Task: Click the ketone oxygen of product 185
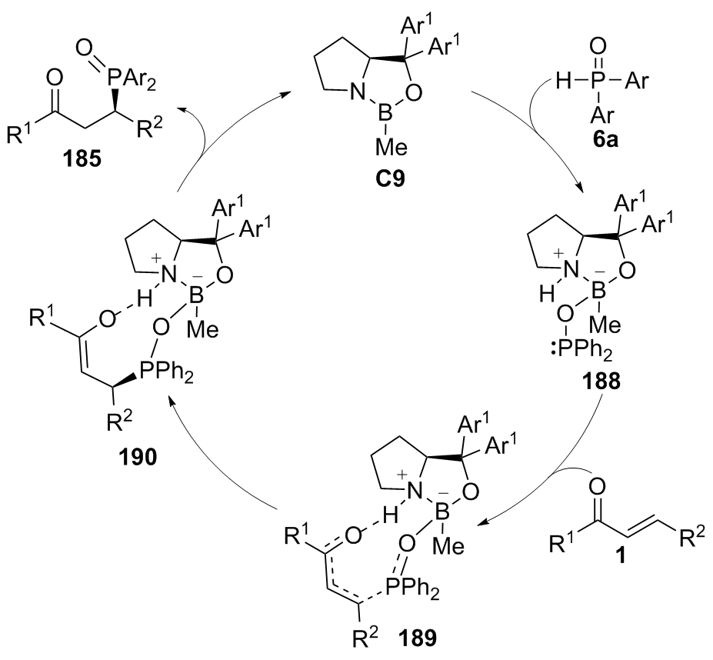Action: pos(52,77)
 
